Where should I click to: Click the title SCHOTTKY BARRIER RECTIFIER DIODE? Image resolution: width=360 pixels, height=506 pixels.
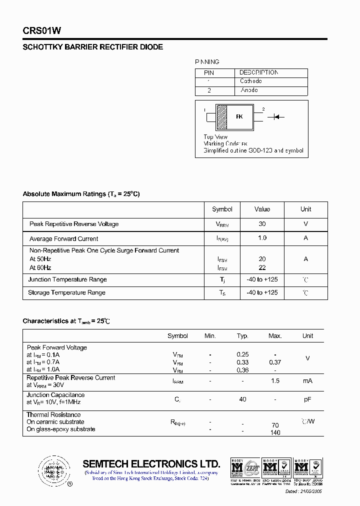pos(93,47)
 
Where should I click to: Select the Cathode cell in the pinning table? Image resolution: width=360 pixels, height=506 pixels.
pos(250,81)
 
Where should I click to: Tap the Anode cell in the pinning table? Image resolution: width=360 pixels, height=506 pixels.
pos(249,90)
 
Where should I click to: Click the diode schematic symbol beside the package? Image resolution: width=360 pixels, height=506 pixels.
pos(275,117)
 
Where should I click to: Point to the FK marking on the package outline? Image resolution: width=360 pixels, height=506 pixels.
pos(239,116)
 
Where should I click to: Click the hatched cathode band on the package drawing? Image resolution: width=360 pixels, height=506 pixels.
pos(221,116)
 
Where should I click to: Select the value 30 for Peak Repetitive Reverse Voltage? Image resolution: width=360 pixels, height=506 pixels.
pos(262,224)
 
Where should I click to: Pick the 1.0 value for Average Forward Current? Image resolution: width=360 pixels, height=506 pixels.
pos(262,238)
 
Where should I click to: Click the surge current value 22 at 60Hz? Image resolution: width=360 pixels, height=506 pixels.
pos(262,268)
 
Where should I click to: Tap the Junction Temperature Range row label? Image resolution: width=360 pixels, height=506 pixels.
pos(67,279)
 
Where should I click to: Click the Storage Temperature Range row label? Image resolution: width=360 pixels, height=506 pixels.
pos(66,292)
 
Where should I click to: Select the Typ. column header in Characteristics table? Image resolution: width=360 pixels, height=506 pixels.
pos(242,336)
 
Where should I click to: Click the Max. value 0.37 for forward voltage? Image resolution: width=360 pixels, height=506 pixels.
pos(275,362)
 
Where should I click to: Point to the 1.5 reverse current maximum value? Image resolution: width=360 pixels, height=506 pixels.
pos(275,381)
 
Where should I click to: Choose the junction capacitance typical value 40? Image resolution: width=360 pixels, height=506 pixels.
pos(242,399)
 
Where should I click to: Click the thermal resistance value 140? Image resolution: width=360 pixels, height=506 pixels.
pos(275,432)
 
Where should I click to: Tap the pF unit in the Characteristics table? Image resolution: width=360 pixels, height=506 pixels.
pos(307,399)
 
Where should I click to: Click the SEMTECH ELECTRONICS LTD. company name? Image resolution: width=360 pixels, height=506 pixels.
pos(151,463)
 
